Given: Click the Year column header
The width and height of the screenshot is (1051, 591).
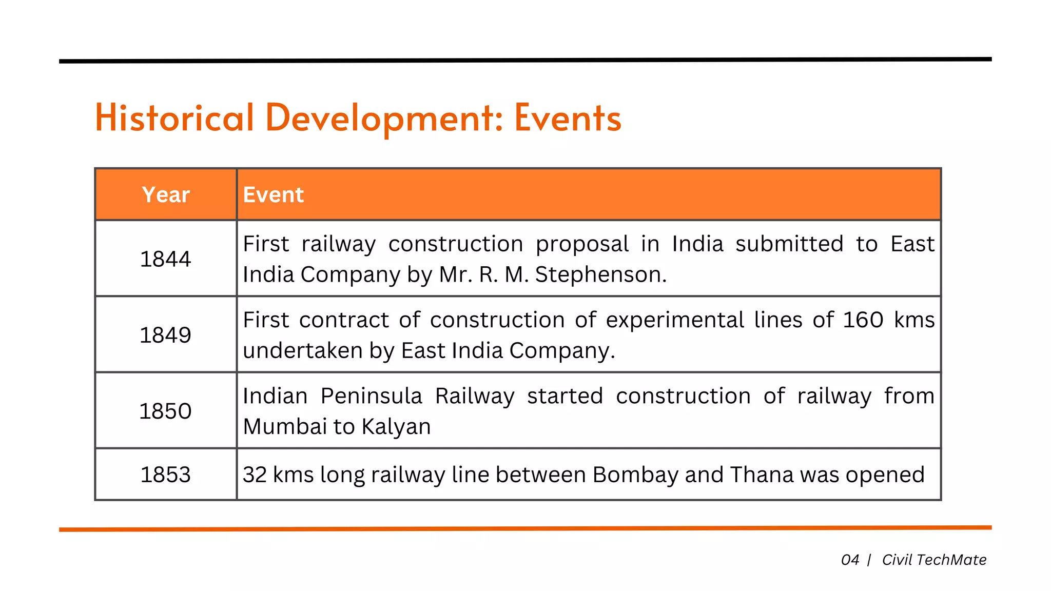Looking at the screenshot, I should coord(166,195).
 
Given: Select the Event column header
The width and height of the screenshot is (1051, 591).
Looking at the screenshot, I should coord(274,195).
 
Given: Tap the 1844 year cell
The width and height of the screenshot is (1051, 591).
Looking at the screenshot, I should coord(165,259).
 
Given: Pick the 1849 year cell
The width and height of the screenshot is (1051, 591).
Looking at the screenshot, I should coord(165,335).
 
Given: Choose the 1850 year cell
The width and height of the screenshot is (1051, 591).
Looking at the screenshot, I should coord(165,411).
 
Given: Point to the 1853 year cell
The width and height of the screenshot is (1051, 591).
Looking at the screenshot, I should coord(165,475).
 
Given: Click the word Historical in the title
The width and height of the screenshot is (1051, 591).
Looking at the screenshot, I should coord(174,118).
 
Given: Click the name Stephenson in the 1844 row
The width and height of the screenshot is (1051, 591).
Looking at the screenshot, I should coord(600,274).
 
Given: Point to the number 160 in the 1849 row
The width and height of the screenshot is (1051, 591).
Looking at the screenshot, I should coord(863,320).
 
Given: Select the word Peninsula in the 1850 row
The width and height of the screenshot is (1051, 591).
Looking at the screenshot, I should coord(372,396).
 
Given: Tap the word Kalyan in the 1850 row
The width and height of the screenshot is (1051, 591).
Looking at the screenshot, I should coord(396,426).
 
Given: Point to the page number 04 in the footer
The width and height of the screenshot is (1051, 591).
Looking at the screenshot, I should coord(850,560).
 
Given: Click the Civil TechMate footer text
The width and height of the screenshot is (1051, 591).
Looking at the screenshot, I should coord(934,560).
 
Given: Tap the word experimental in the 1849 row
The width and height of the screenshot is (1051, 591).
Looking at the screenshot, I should coord(675,320).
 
